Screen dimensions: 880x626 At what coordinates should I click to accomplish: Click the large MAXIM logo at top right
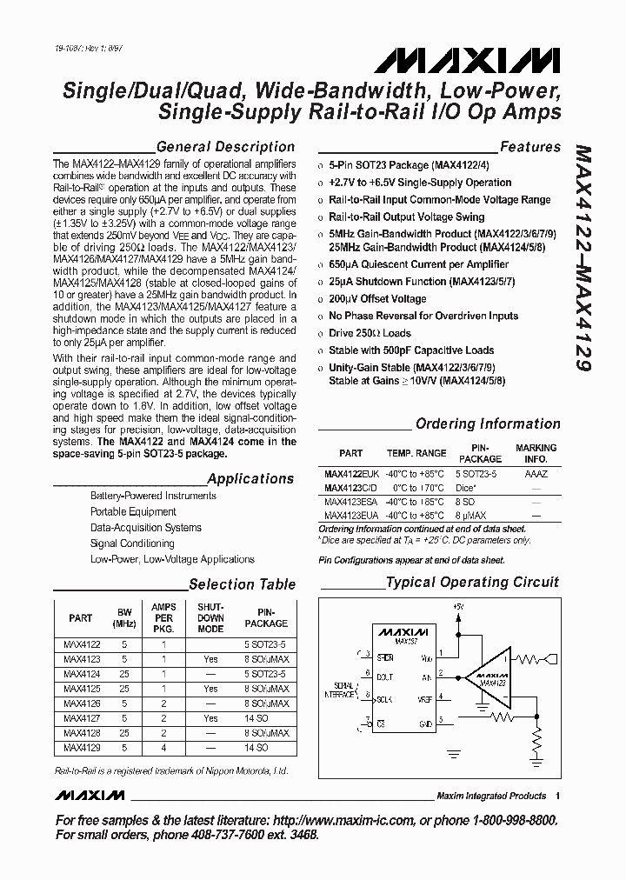[468, 62]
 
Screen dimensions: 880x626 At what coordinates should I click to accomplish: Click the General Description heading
[224, 147]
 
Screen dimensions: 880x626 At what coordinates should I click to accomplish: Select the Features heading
[529, 147]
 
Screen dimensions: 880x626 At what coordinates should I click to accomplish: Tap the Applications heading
[250, 478]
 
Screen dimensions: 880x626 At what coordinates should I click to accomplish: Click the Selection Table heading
[242, 584]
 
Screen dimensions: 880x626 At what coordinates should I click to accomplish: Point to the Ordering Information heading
[488, 423]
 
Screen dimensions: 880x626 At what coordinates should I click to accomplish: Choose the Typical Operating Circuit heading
[473, 582]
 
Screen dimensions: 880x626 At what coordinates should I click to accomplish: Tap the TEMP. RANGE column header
[416, 454]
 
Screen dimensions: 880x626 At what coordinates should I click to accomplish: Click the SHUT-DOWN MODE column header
[211, 617]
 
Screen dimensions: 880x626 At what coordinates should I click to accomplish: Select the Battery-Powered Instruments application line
[153, 496]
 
